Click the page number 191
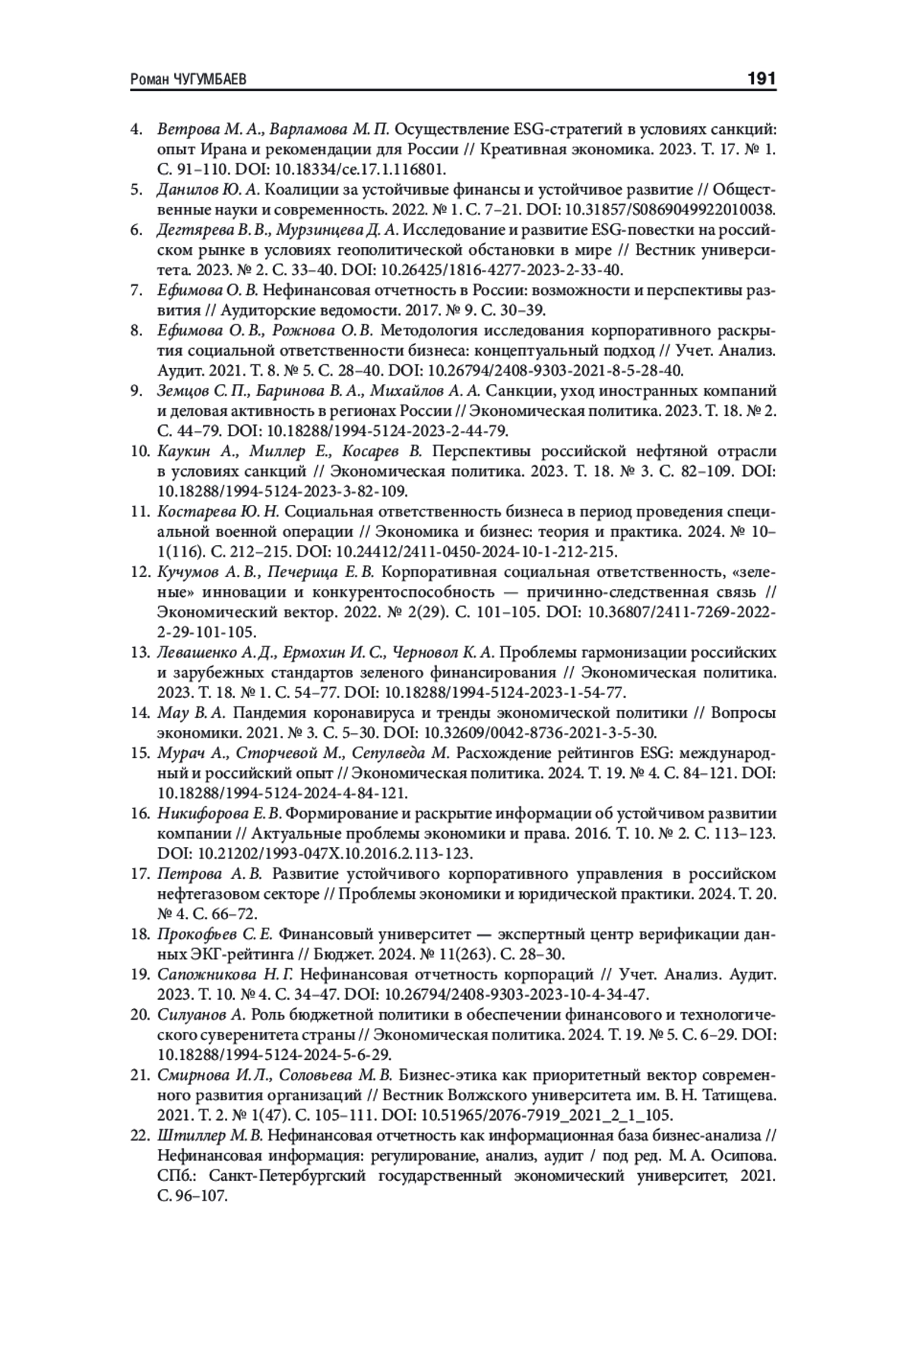tap(761, 78)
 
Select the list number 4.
tap(138, 129)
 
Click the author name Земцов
tap(181, 391)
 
